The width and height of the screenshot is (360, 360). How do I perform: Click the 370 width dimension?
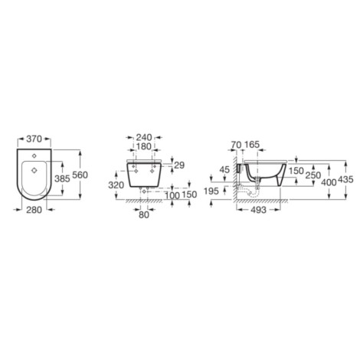click(x=34, y=139)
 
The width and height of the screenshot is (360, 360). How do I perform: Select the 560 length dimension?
click(x=80, y=175)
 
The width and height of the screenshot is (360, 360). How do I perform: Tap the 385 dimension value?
click(x=62, y=178)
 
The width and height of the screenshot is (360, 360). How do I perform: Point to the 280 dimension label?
click(x=34, y=210)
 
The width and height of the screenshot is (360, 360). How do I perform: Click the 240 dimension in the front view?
click(x=144, y=137)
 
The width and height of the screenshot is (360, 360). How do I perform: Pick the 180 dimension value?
click(x=143, y=146)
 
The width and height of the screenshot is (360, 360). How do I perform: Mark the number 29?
click(x=179, y=165)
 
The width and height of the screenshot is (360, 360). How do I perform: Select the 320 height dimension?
click(x=116, y=185)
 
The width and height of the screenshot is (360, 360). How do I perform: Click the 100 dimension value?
click(x=172, y=196)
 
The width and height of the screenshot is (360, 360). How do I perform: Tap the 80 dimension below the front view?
click(x=144, y=215)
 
